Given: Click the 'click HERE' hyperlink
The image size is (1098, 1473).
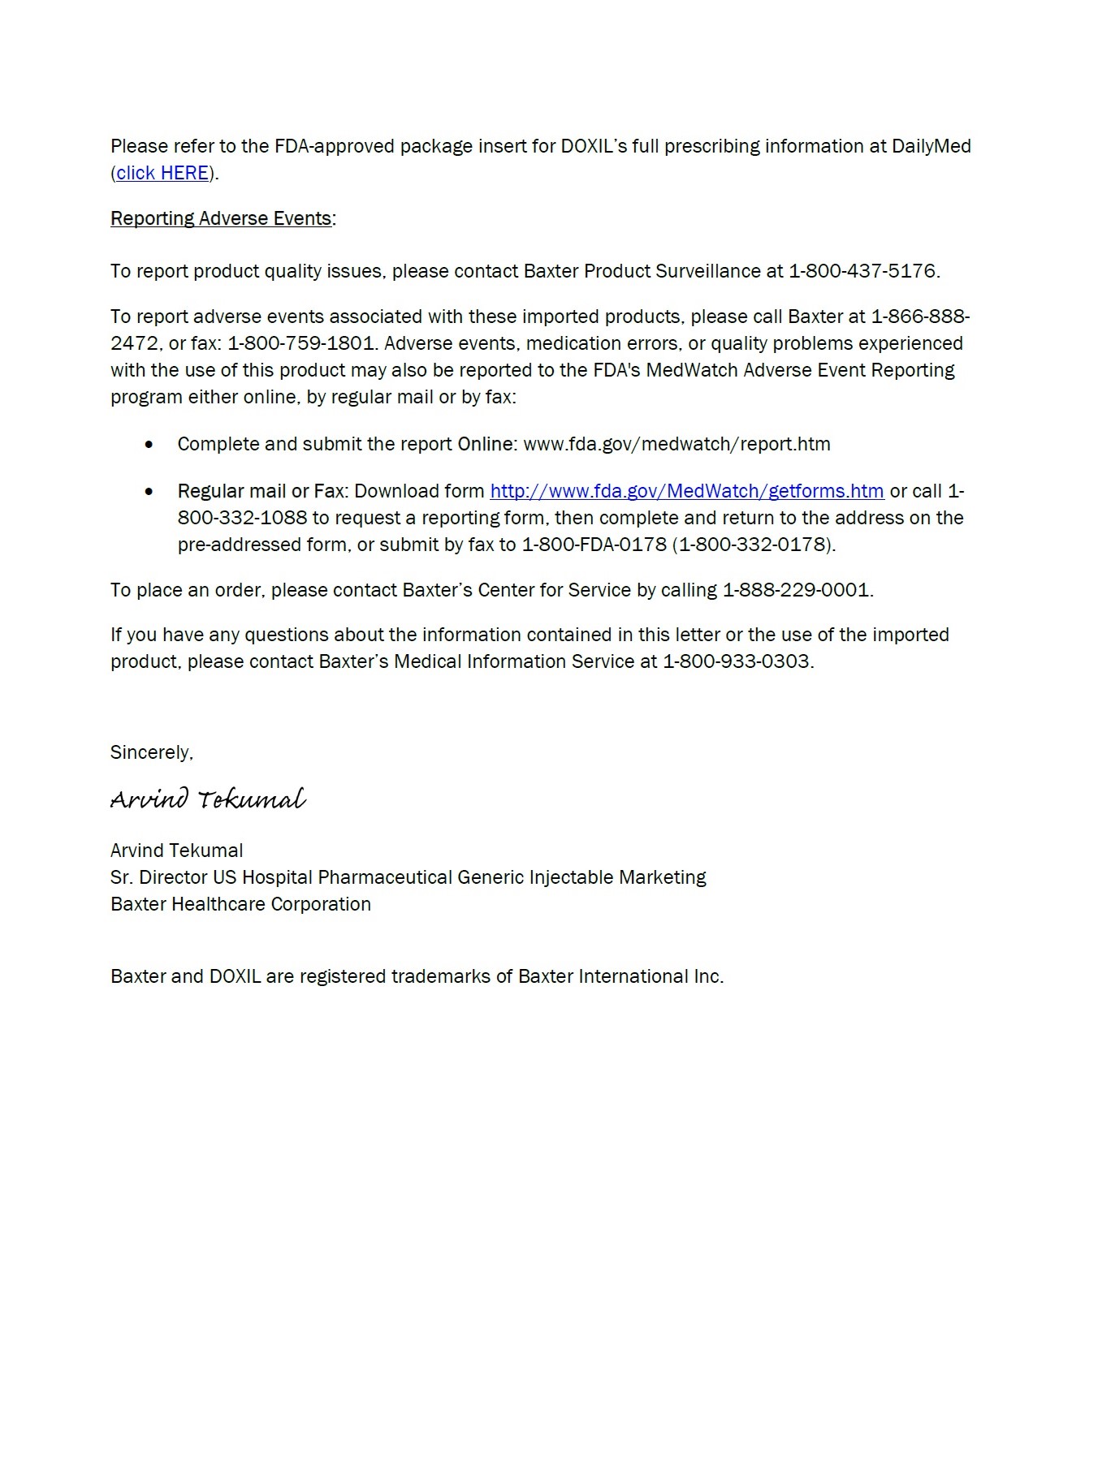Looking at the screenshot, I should (x=162, y=173).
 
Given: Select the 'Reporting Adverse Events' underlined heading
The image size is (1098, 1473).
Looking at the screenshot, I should (x=221, y=218).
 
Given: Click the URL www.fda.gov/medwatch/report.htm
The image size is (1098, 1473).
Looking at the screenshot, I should (x=677, y=444).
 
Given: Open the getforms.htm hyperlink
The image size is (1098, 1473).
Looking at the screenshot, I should (x=686, y=491).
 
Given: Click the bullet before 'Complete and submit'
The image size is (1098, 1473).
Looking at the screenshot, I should (x=149, y=445).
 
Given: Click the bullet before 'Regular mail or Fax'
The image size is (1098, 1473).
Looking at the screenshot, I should (x=149, y=492).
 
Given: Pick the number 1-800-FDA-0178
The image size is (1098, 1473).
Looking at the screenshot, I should (x=594, y=545).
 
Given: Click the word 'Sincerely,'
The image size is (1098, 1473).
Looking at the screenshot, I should (x=152, y=752).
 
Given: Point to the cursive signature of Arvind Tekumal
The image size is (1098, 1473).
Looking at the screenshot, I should (x=208, y=799).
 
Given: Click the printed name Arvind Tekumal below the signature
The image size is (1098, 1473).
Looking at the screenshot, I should (x=176, y=851).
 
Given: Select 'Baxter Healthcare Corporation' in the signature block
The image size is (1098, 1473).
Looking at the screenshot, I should (x=240, y=904).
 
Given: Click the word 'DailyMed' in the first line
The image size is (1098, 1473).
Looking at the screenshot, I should (x=931, y=146).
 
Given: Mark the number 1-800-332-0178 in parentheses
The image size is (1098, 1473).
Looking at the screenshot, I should (x=754, y=545).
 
